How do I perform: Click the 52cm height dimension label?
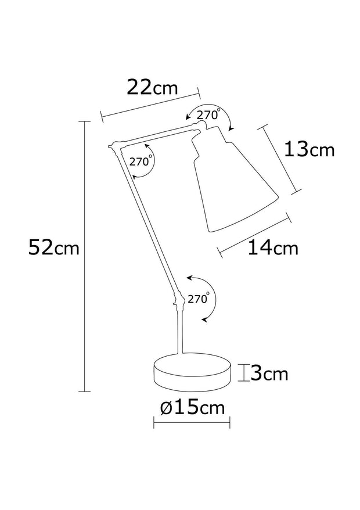click(x=53, y=249)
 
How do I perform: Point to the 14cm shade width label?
click(x=272, y=248)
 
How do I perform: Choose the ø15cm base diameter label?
click(x=192, y=408)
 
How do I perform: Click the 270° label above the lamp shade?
click(x=208, y=115)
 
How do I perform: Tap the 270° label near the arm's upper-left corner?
click(x=141, y=161)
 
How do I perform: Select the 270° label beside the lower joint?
click(x=198, y=300)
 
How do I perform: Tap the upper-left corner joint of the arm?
click(x=114, y=146)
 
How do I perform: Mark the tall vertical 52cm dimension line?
click(x=85, y=256)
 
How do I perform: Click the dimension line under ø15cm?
click(x=192, y=422)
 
